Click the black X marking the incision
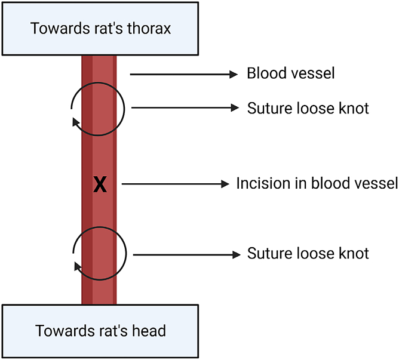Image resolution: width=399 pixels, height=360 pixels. click(x=100, y=185)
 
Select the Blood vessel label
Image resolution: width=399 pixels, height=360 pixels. click(x=291, y=73)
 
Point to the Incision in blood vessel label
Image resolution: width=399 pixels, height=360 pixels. click(x=317, y=183)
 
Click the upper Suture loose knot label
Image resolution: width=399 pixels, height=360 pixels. click(x=308, y=108)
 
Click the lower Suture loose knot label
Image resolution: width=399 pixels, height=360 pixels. click(x=308, y=254)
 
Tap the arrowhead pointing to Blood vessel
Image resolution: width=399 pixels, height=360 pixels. click(x=233, y=74)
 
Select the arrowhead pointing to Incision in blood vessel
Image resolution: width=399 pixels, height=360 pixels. click(x=225, y=184)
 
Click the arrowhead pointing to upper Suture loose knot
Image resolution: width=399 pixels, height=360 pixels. click(x=234, y=108)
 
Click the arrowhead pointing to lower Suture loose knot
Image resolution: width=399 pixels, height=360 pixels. click(x=234, y=254)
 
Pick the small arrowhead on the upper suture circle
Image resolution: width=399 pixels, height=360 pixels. click(x=76, y=122)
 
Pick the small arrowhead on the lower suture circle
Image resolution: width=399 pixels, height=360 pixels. click(x=77, y=266)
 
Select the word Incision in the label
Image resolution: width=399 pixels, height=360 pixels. click(x=259, y=183)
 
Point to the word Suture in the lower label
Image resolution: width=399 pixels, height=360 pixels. click(x=268, y=254)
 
